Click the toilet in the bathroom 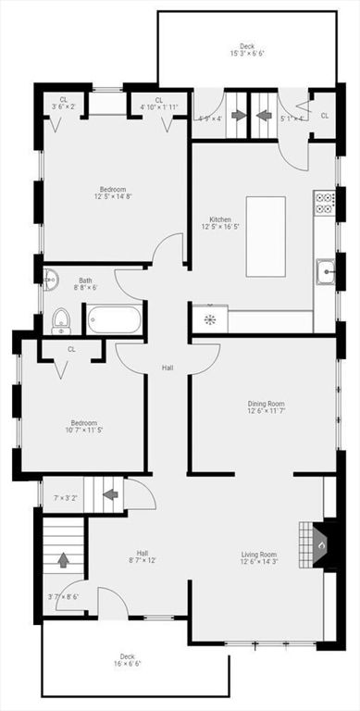[x=61, y=320]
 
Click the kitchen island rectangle [x=266, y=236]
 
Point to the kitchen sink [x=325, y=272]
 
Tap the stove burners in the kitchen [x=324, y=203]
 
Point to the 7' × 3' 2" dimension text [x=66, y=498]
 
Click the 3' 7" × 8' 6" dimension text [x=62, y=596]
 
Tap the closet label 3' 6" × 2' [x=63, y=104]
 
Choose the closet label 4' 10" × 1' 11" [x=158, y=104]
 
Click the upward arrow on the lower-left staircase [x=63, y=559]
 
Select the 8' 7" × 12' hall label [x=143, y=556]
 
